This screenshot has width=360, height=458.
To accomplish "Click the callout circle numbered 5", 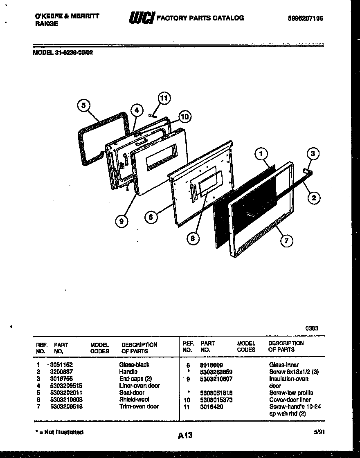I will [83, 106].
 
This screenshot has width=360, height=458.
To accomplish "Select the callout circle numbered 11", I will [164, 98].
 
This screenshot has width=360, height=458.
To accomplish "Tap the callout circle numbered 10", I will [185, 117].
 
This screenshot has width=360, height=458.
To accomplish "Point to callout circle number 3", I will [313, 154].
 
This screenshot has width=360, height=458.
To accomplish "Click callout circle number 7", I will [286, 241].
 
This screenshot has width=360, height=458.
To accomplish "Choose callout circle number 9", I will [121, 221].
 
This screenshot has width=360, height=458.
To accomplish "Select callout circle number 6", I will [151, 217].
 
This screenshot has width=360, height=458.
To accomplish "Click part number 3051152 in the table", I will [62, 364].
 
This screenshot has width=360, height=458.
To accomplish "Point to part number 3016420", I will [211, 406].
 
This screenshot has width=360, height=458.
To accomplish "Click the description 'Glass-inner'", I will [284, 364].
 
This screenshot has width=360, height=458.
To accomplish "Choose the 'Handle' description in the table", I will [128, 371].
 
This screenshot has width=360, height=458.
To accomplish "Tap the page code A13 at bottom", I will [185, 436].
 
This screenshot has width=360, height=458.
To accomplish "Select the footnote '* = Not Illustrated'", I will [60, 432].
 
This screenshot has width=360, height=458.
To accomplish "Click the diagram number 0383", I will [312, 328].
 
